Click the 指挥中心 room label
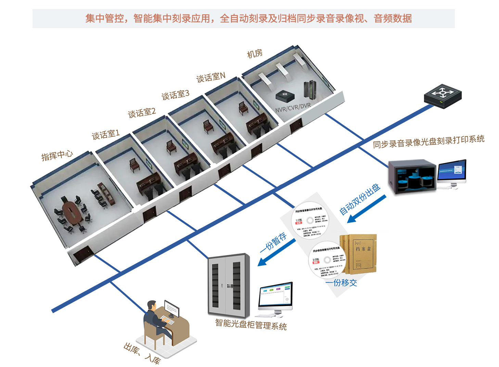[x=57, y=155]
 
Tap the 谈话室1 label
[x=105, y=134]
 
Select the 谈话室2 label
[x=142, y=112]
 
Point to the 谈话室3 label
[x=175, y=95]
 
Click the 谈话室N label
[x=210, y=77]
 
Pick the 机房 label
[x=255, y=54]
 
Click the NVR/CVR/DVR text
[x=293, y=107]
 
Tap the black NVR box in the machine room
[x=285, y=96]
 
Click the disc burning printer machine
[x=412, y=176]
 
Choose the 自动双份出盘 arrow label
[x=360, y=199]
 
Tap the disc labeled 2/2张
[x=327, y=260]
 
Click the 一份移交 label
[x=341, y=283]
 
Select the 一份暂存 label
[x=273, y=243]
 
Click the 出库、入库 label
[x=142, y=354]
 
